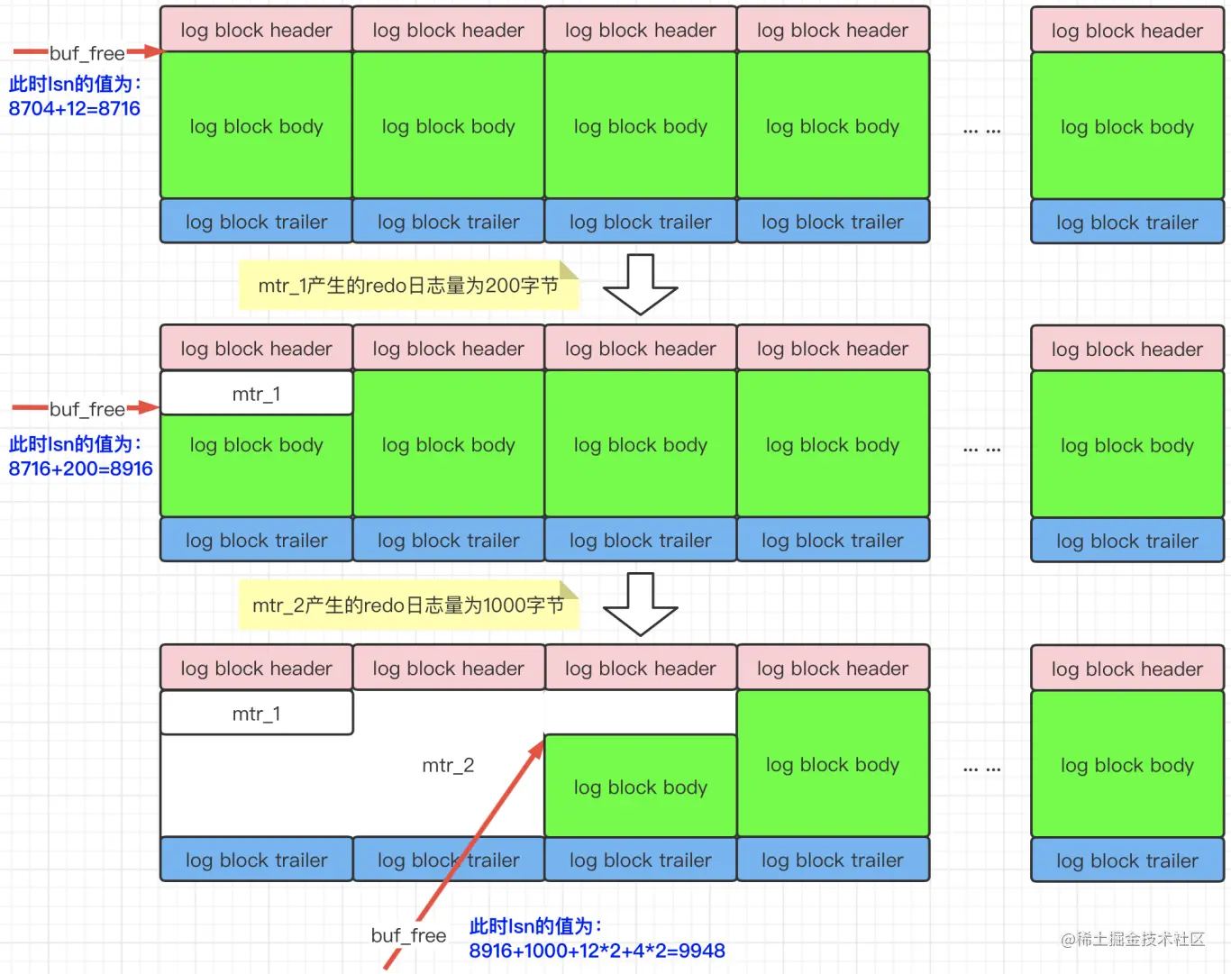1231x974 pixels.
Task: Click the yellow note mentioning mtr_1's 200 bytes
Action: pos(407,286)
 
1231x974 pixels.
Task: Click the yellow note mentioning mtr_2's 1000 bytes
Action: pos(407,605)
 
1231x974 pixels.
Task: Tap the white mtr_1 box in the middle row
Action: pos(256,394)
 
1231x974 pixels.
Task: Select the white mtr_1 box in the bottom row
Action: pos(256,714)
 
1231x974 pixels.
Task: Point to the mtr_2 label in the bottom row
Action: pos(448,765)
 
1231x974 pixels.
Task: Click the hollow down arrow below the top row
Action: pos(640,284)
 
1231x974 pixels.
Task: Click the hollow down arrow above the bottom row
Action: pos(640,604)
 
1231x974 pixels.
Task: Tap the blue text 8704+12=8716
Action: pos(75,109)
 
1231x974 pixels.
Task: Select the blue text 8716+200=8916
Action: pos(81,469)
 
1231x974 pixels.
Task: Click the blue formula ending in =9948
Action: pos(597,951)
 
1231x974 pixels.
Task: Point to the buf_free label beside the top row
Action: pos(87,53)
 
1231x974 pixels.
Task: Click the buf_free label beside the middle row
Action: pos(87,409)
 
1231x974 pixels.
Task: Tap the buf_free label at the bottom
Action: pos(409,935)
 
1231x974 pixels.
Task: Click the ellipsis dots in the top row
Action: pos(981,130)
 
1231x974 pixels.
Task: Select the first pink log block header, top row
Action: pos(256,30)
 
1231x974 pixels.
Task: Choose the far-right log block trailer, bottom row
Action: pos(1126,860)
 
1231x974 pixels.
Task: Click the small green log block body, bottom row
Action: pos(640,787)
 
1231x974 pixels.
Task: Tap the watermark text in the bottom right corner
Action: pos(1133,939)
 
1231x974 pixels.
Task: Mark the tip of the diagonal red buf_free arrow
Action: pos(543,741)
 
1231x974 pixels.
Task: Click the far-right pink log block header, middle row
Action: pos(1126,349)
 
